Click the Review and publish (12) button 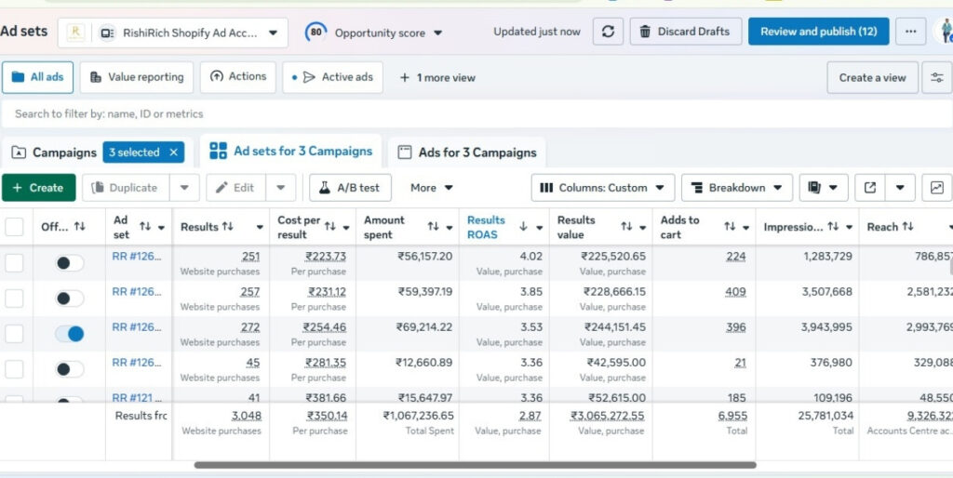coord(818,32)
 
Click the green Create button coord(38,188)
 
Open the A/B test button coord(350,188)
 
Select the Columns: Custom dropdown coord(602,188)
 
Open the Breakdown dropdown coord(736,188)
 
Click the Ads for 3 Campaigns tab coord(466,153)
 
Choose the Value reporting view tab coord(136,77)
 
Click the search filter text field coord(372,113)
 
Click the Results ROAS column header coord(487,227)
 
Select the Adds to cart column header coord(680,227)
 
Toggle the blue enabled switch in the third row coord(69,333)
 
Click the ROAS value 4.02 coord(530,257)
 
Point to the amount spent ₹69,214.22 coord(421,327)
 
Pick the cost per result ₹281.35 coord(326,363)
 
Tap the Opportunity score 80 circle coord(316,33)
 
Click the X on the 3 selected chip coord(173,153)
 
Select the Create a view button coord(872,78)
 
